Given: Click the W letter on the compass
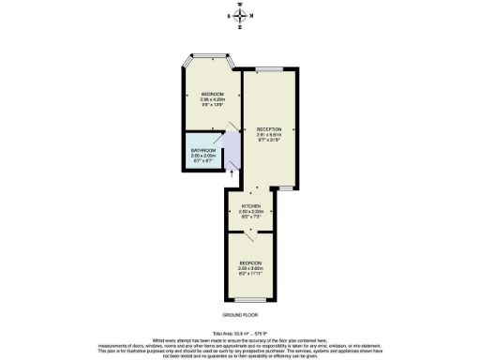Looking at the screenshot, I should pos(241,6).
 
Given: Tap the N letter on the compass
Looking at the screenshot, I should pos(250,15).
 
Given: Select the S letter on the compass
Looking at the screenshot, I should pos(232,15).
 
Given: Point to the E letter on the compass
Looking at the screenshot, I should pos(241,25).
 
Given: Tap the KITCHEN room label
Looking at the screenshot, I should pos(250,205).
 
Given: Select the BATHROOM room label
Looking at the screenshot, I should pos(203,150).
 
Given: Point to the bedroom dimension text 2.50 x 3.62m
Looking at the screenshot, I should pos(250,268).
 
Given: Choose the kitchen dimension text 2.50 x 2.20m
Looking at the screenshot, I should pos(250,211).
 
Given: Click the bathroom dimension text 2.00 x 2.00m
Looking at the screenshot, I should pos(203,156).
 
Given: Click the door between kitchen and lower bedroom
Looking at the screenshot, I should pos(250,230).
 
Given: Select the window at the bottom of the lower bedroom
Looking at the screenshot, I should pos(250,302).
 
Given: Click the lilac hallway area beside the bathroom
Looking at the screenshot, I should pos(232,150).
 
